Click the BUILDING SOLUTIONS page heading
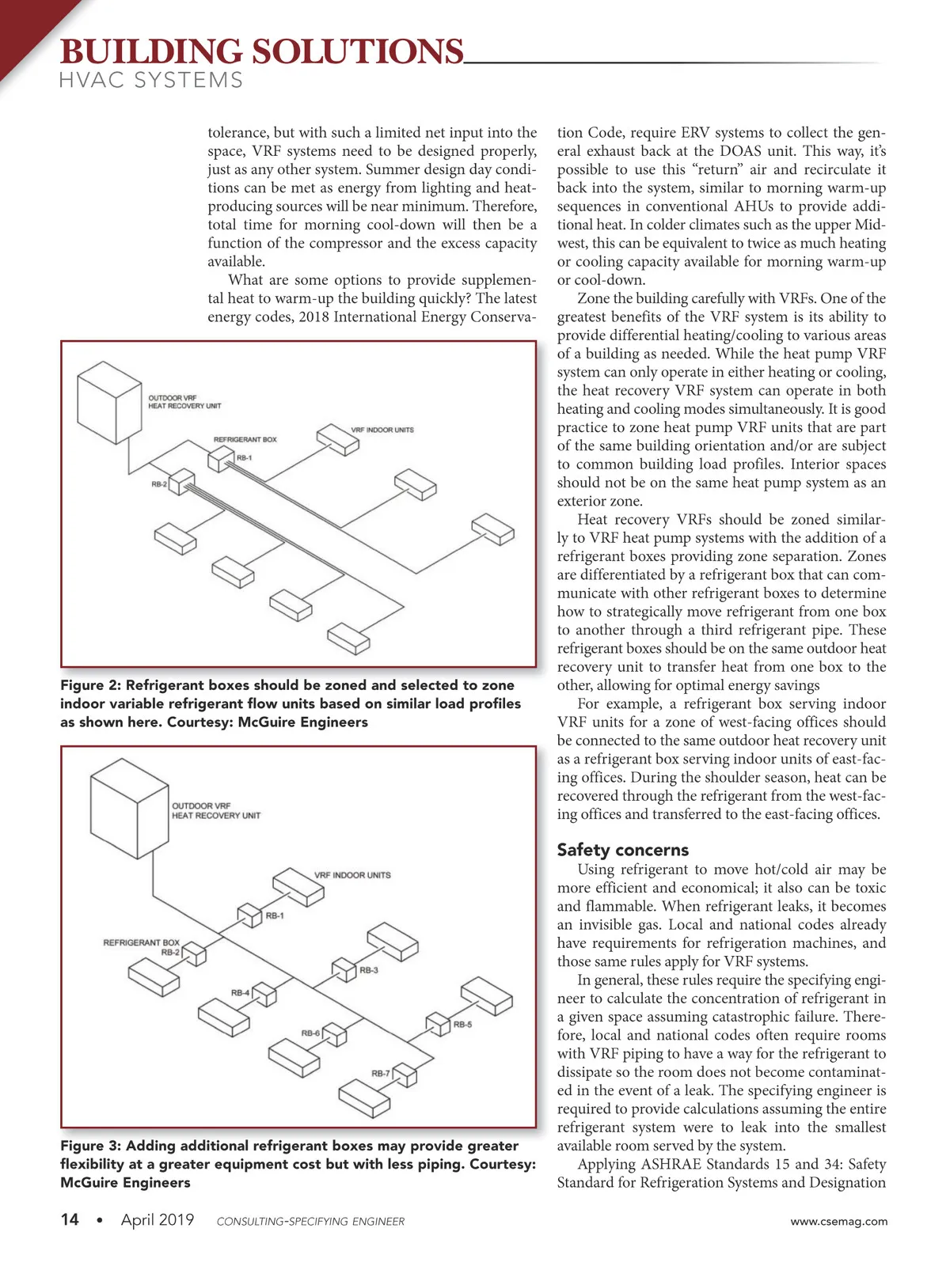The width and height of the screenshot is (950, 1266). [x=261, y=52]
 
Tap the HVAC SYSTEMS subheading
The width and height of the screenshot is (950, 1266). [x=151, y=81]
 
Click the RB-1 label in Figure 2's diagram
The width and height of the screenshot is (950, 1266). [x=245, y=457]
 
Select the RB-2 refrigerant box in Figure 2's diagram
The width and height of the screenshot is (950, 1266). [x=181, y=481]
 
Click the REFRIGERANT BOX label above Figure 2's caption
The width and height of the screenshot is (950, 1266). [x=245, y=439]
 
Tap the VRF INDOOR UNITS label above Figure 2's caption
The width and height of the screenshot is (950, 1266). [x=382, y=430]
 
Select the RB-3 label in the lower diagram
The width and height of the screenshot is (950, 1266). [x=369, y=970]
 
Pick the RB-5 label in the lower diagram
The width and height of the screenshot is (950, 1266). [x=462, y=1025]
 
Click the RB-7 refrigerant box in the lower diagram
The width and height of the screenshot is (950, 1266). [x=405, y=1075]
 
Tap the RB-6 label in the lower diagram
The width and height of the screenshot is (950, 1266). [x=310, y=1033]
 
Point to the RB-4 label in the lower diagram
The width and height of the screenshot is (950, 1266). [x=240, y=993]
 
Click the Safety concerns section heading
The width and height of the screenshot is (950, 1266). [x=622, y=850]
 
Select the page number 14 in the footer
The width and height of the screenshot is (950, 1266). [x=70, y=1219]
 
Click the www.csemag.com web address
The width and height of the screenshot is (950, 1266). [x=838, y=1221]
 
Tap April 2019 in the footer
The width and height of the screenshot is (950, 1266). [x=157, y=1219]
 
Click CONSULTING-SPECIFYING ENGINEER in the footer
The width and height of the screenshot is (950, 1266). [x=310, y=1222]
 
